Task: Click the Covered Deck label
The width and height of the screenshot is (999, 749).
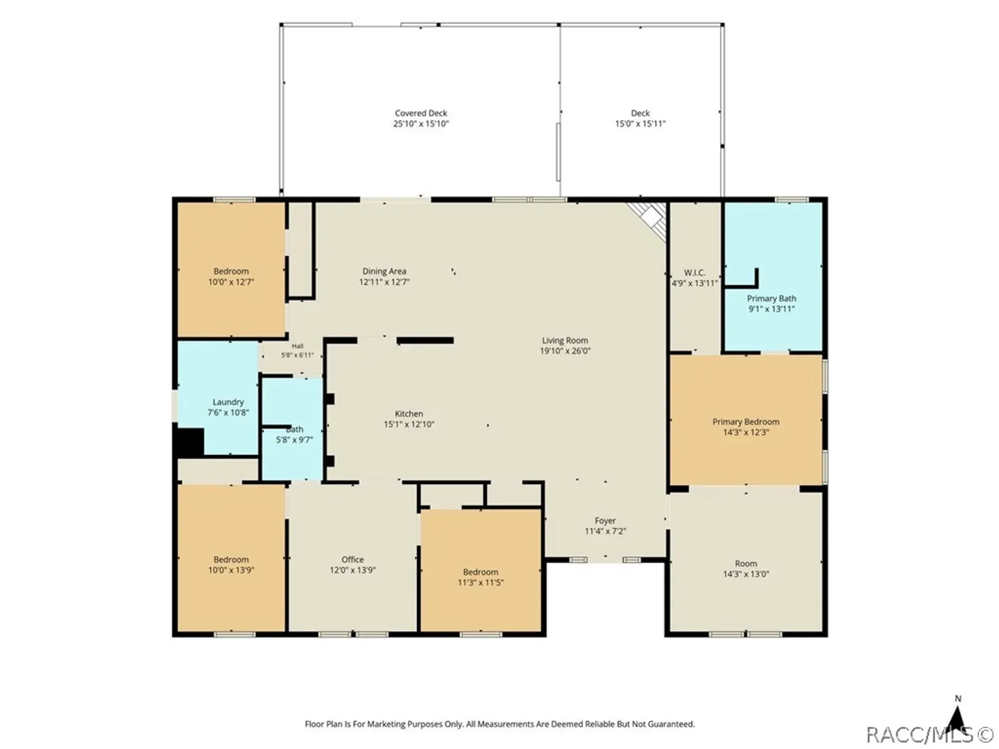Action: coord(420,113)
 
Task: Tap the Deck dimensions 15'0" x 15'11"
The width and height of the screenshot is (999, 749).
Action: coord(640,123)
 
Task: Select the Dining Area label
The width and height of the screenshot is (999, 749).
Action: coord(384,271)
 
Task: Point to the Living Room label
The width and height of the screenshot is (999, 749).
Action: coord(564,340)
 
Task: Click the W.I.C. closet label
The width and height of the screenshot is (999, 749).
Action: coord(694,273)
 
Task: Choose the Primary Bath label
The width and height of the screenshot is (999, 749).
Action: coord(771,298)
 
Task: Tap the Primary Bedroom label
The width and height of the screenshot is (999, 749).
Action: coord(746,422)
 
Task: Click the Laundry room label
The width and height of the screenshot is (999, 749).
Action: coord(228,402)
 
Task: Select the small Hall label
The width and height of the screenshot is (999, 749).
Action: coord(297,346)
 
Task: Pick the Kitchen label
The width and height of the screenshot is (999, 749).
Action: coord(408,413)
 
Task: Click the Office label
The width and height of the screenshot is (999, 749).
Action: coord(352,560)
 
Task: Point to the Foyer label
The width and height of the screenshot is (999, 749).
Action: coord(605,520)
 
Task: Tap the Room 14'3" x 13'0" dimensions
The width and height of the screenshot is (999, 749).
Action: coord(746,574)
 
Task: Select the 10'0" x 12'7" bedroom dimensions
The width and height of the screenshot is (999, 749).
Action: coord(231,282)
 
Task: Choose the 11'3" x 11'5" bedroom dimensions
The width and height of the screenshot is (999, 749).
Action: coord(480,583)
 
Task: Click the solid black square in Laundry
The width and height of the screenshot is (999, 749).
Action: coord(189,442)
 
